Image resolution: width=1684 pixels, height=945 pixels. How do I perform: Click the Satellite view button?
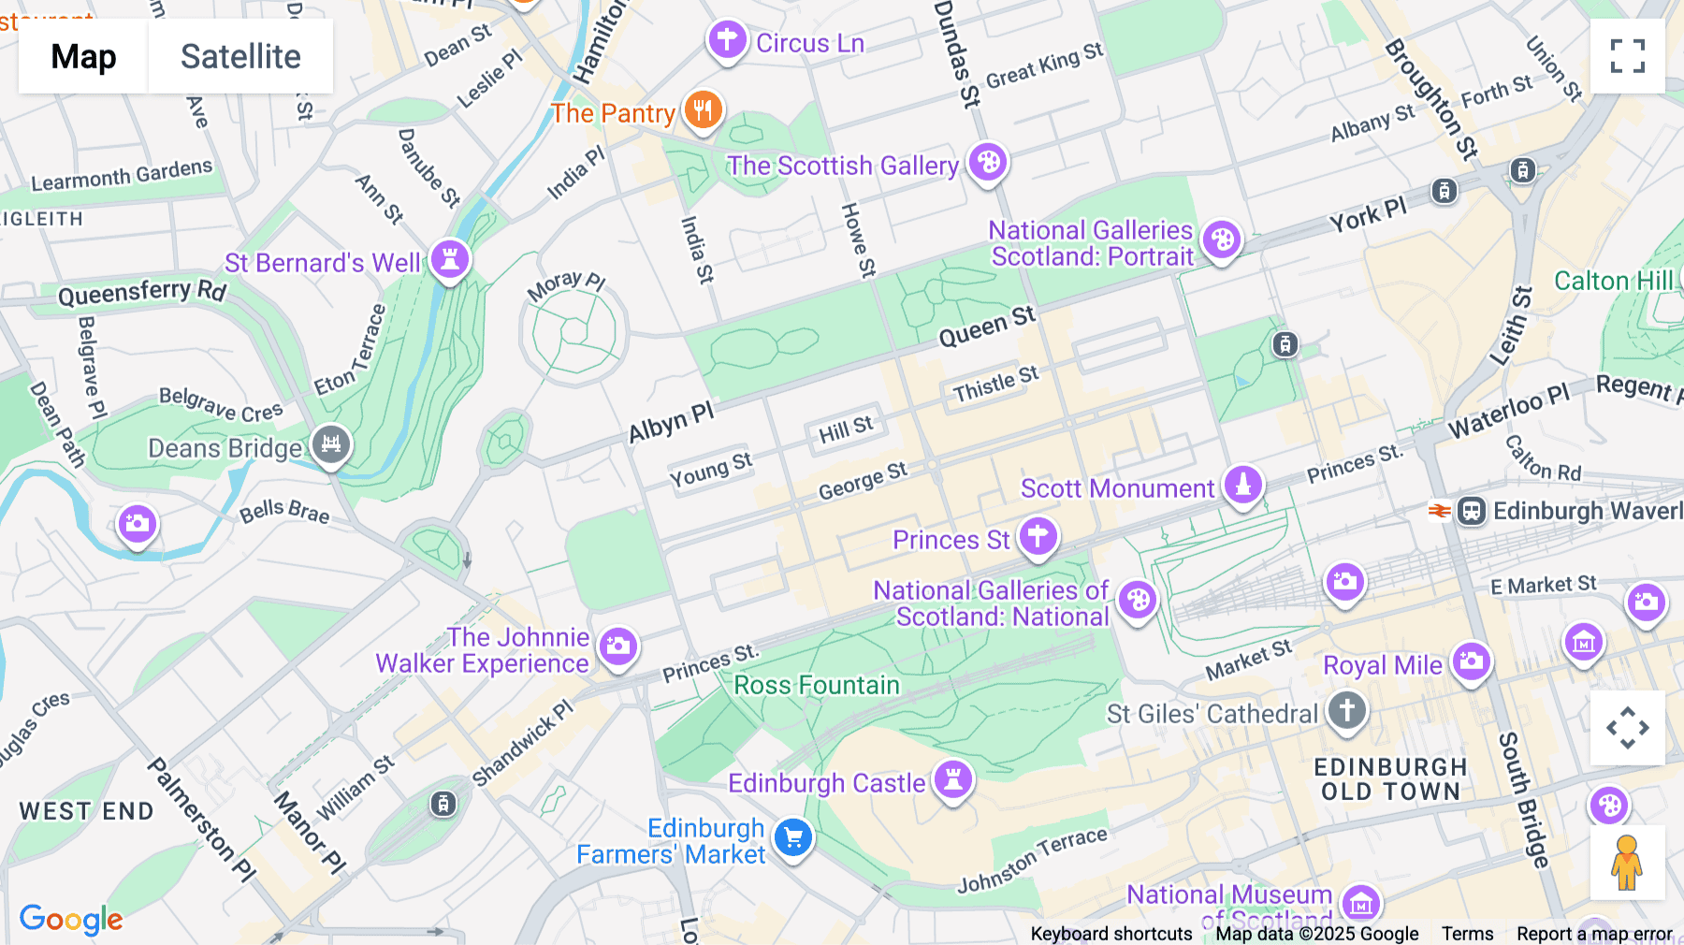(x=240, y=56)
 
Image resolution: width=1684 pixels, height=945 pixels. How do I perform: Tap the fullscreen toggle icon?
(x=1627, y=56)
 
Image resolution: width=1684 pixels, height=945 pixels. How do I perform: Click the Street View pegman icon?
(x=1627, y=862)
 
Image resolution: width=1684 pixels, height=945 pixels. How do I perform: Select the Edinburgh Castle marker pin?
(x=953, y=779)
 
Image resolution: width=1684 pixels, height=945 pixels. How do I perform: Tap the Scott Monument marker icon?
(x=1243, y=485)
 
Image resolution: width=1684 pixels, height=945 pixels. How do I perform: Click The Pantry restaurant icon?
(x=704, y=110)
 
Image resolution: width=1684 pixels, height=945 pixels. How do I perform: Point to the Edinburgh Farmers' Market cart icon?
(x=793, y=837)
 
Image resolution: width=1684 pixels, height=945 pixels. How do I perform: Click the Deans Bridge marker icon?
(x=331, y=443)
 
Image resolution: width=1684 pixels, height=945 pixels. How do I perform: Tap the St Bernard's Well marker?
(x=450, y=259)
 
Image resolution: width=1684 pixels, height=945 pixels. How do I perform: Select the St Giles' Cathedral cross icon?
(x=1346, y=709)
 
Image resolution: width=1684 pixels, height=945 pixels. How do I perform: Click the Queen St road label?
(x=987, y=327)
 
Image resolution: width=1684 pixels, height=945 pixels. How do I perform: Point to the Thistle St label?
(x=995, y=384)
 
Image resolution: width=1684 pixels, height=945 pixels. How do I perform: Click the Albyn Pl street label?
(x=671, y=422)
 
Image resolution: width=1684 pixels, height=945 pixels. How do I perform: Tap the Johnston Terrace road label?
(x=1032, y=859)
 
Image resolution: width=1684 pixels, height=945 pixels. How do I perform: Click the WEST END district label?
(x=87, y=811)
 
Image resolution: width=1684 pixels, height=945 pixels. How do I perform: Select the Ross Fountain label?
(x=816, y=685)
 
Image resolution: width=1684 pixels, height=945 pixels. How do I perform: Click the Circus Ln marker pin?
(x=727, y=40)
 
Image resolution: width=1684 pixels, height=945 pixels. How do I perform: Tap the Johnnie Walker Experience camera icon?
(x=617, y=646)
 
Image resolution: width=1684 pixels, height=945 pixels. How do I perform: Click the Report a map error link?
(x=1593, y=934)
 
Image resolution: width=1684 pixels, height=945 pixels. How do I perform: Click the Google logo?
(x=71, y=919)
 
